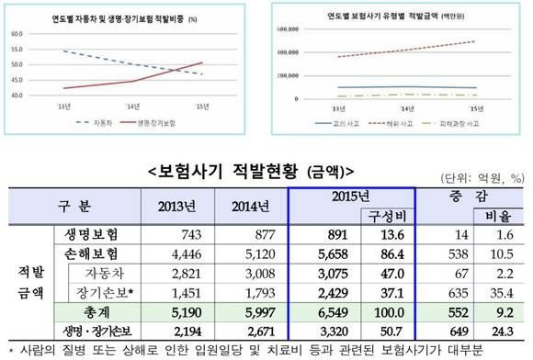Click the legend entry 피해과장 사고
(457, 121)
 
